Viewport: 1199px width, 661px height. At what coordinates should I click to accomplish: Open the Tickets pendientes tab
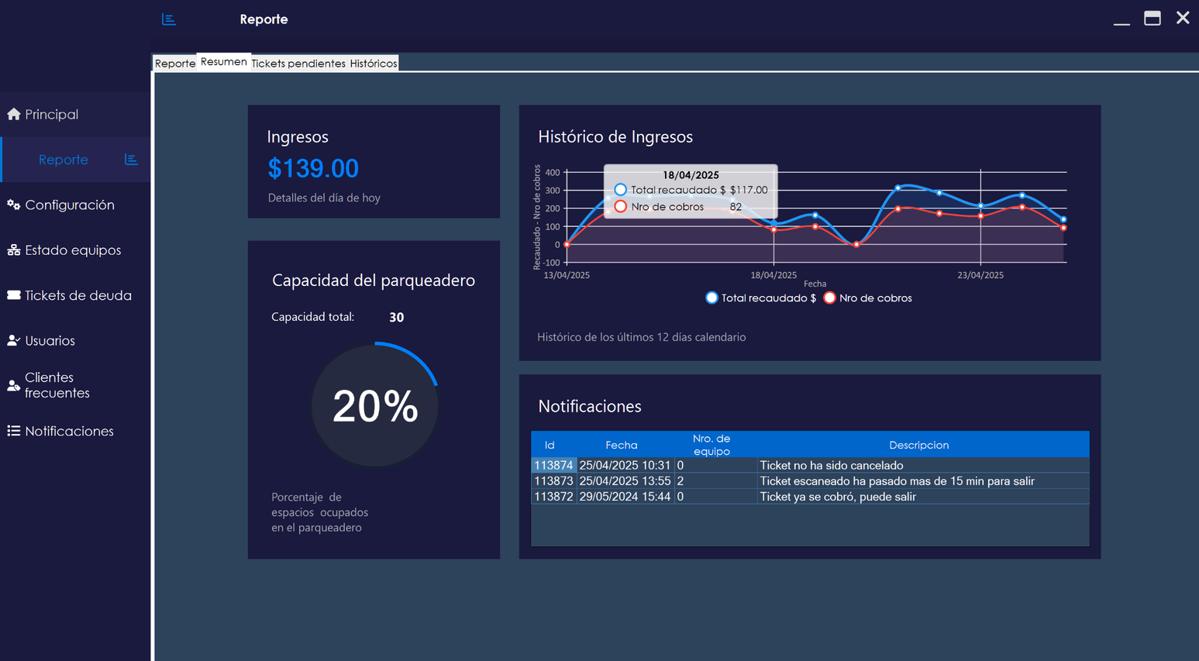298,64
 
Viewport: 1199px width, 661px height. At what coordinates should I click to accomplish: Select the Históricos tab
374,64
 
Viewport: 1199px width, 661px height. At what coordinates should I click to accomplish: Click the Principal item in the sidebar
51,115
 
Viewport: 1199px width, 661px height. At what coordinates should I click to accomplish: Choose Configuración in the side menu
69,205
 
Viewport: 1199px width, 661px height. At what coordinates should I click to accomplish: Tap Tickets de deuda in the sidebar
78,295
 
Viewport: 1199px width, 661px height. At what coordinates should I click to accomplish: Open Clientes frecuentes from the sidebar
57,385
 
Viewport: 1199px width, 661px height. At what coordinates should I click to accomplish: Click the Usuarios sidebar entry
50,341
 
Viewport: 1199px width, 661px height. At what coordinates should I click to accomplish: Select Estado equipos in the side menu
72,250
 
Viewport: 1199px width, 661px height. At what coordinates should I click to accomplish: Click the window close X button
1182,19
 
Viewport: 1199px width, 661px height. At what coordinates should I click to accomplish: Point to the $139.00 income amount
313,168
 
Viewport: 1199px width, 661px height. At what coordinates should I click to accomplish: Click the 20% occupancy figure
375,406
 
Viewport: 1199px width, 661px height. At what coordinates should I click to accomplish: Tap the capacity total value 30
396,317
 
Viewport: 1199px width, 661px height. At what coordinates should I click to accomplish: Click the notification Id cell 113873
553,481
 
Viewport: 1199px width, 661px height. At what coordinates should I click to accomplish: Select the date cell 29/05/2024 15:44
625,497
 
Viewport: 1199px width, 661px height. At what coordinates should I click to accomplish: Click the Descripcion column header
918,445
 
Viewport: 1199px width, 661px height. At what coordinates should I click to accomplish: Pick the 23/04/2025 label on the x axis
980,275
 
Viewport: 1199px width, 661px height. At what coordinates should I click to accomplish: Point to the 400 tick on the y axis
552,173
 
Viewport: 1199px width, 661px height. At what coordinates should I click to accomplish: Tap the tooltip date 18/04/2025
691,175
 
